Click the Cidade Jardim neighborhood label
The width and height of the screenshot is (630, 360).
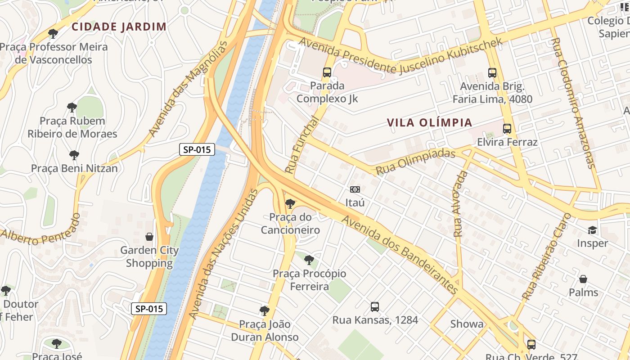click(x=119, y=27)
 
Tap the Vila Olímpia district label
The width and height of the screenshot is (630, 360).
click(x=429, y=122)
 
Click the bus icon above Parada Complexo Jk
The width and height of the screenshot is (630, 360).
click(x=327, y=72)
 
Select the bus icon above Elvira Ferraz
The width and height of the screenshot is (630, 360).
click(x=507, y=129)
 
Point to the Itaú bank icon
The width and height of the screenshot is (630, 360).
click(x=355, y=189)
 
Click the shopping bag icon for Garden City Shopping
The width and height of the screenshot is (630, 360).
click(x=149, y=237)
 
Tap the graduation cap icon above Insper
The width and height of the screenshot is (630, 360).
click(x=592, y=230)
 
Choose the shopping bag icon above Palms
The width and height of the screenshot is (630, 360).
click(x=583, y=279)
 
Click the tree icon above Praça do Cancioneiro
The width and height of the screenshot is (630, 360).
click(x=290, y=204)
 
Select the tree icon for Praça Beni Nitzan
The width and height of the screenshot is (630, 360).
click(x=74, y=155)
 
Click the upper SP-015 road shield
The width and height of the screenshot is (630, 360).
click(x=197, y=149)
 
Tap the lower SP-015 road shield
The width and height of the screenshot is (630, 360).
click(x=149, y=309)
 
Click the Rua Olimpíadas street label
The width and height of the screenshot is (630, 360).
click(x=415, y=162)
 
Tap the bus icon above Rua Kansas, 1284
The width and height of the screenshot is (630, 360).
click(x=375, y=307)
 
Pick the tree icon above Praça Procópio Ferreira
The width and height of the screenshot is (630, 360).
click(x=309, y=260)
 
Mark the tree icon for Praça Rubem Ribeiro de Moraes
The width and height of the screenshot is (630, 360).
click(x=72, y=108)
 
